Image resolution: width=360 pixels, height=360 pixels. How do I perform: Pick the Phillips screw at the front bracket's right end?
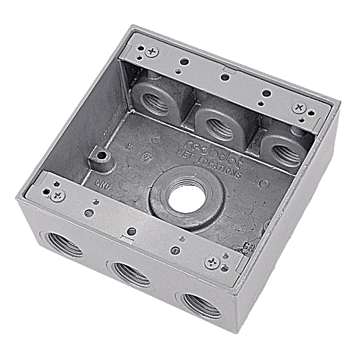[212, 264]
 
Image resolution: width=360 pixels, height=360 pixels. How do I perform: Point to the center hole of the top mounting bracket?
[226, 75]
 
